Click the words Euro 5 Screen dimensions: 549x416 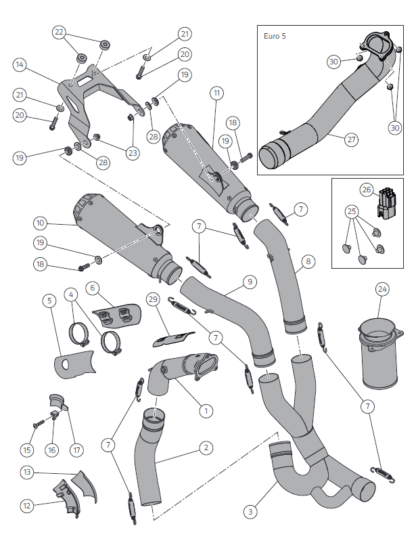pyautogui.click(x=275, y=36)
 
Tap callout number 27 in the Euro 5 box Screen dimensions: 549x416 pyautogui.click(x=351, y=139)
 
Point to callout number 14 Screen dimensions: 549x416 pyautogui.click(x=20, y=65)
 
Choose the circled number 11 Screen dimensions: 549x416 pyautogui.click(x=216, y=94)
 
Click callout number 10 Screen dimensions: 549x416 pyautogui.click(x=40, y=223)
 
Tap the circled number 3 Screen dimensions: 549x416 pyautogui.click(x=250, y=512)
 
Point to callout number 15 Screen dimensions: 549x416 pyautogui.click(x=27, y=449)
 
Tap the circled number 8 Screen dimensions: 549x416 pyautogui.click(x=308, y=261)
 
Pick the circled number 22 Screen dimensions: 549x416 pyautogui.click(x=60, y=32)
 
